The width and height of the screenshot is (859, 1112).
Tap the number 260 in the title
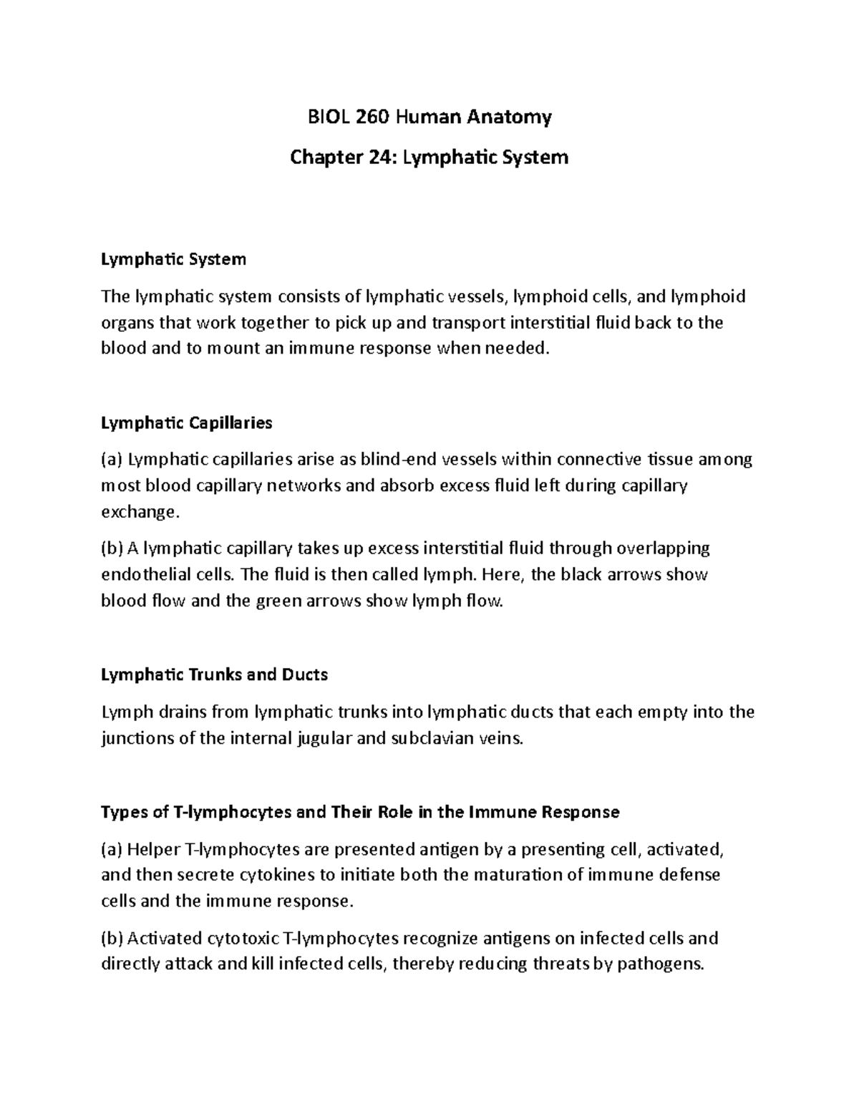point(369,117)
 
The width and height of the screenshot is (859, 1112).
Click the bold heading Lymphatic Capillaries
point(187,423)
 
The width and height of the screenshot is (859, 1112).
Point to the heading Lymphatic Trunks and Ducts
point(215,675)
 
